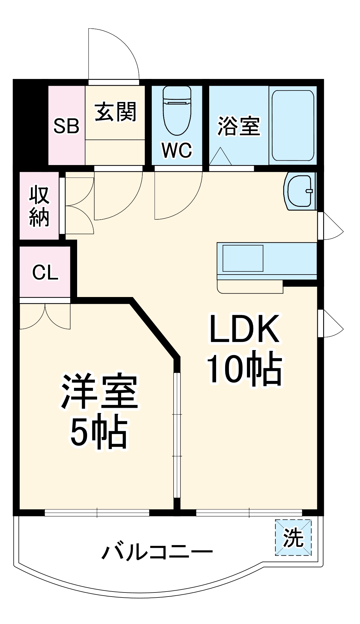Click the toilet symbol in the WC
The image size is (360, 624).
click(177, 111)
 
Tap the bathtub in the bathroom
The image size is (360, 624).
click(293, 125)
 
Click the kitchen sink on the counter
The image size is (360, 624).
click(243, 258)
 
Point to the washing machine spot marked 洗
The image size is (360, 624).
click(293, 538)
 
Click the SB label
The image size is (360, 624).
click(66, 126)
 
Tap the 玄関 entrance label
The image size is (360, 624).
click(115, 112)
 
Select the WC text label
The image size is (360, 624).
click(177, 150)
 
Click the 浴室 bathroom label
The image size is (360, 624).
click(239, 126)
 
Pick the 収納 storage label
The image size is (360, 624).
click(39, 206)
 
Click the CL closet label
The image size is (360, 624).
click(45, 272)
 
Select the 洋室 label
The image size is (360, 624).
click(99, 392)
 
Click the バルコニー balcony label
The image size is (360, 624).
click(157, 552)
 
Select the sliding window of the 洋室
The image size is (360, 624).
click(97, 513)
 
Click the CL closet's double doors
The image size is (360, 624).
click(45, 315)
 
